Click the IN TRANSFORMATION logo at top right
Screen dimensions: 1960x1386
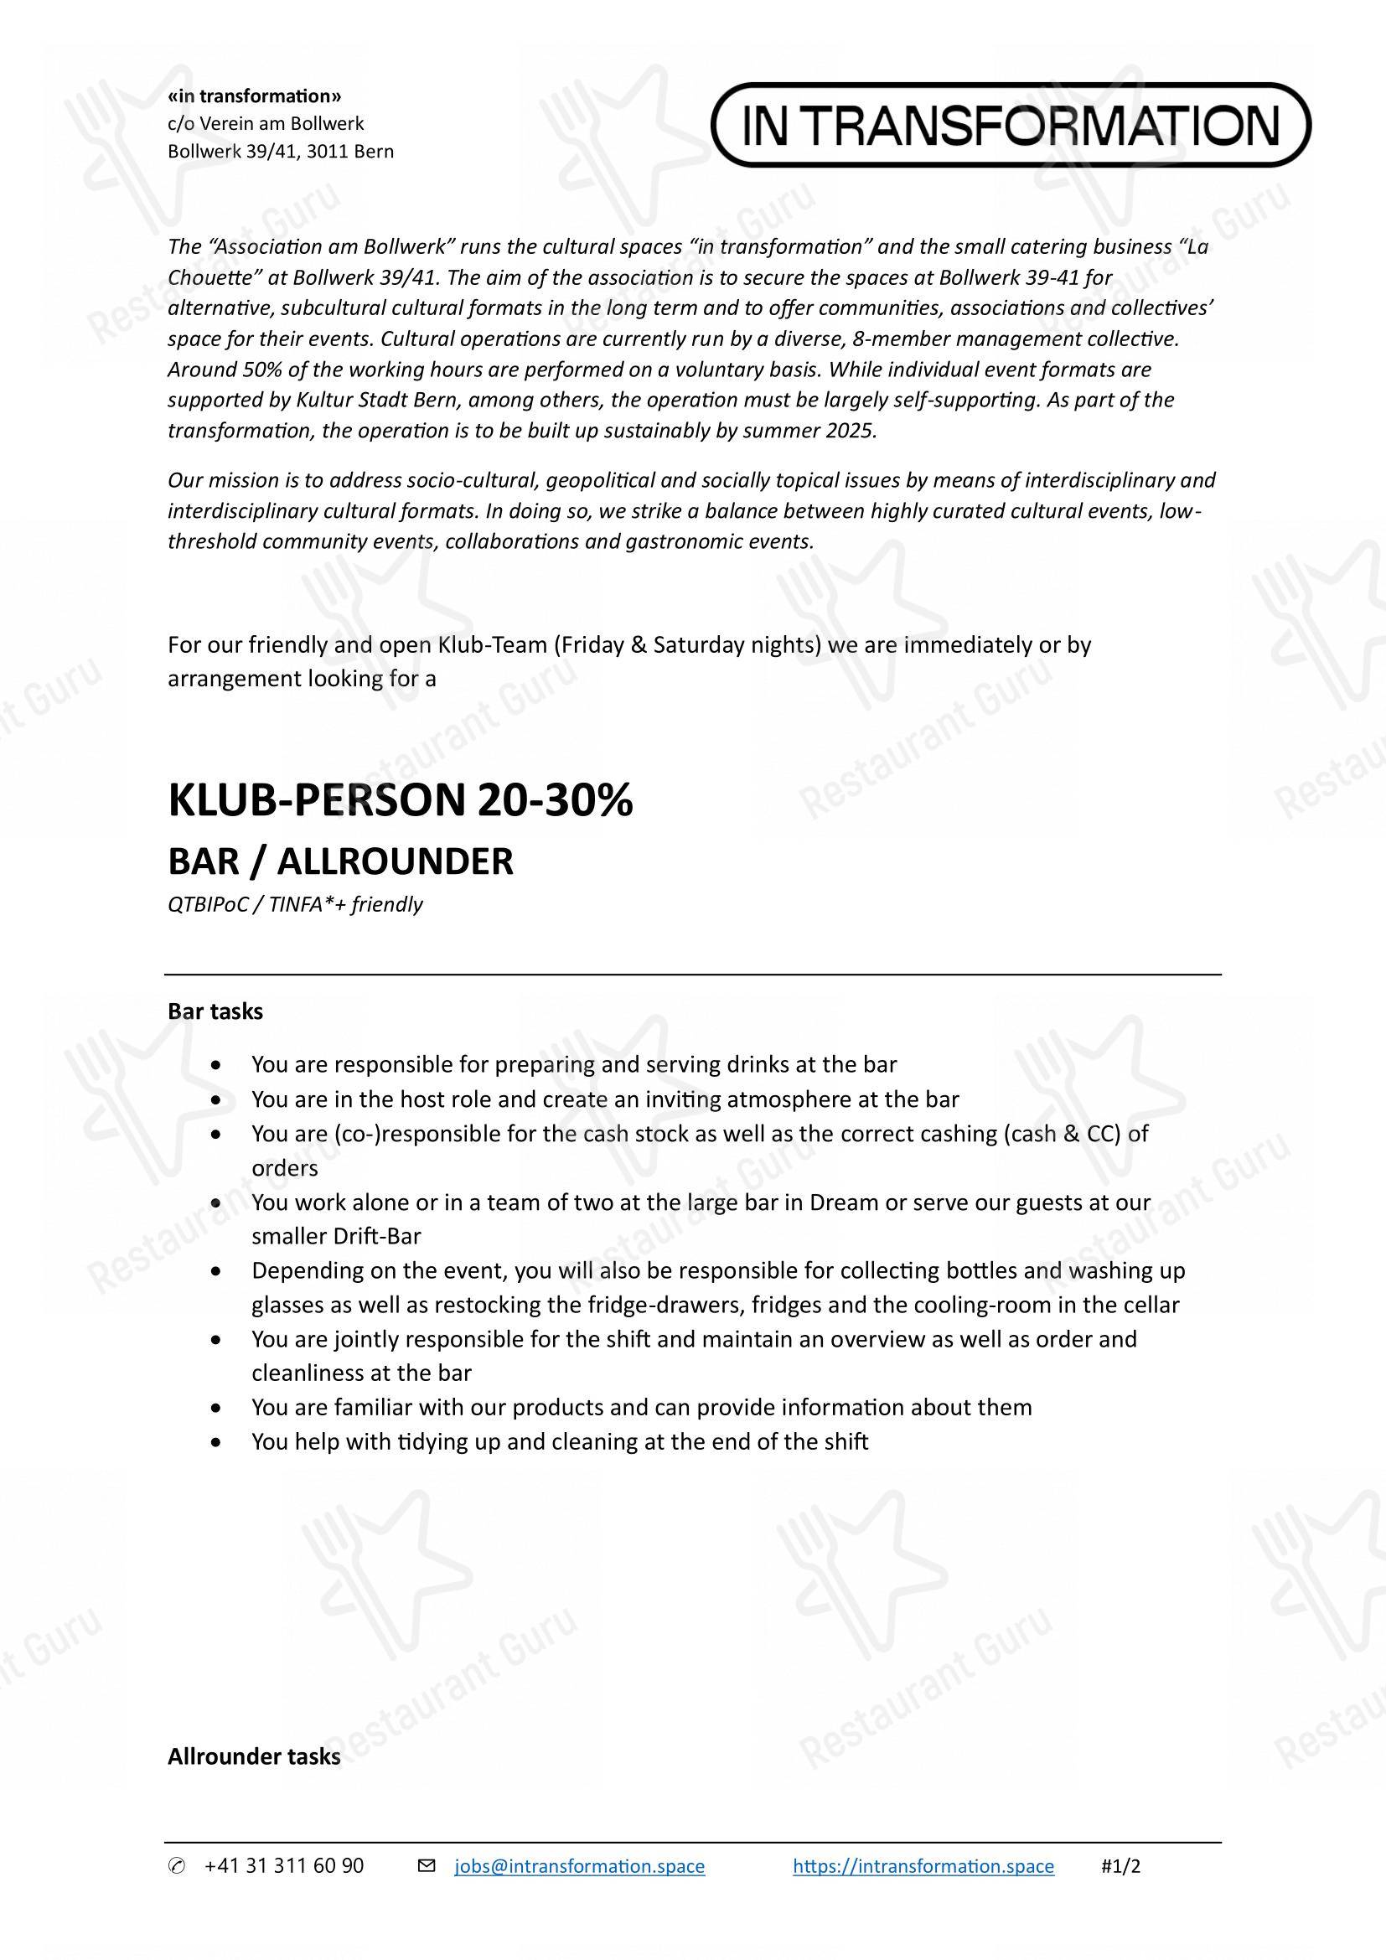point(1011,125)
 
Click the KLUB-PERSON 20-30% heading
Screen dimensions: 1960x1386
point(401,801)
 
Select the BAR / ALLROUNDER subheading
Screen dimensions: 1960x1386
point(340,861)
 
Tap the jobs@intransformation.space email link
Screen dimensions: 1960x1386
point(580,1866)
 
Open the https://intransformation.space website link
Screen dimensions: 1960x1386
point(923,1866)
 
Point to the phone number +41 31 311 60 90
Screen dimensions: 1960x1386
point(284,1866)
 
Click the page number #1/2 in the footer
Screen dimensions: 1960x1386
point(1120,1866)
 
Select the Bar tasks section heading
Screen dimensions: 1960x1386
point(215,1011)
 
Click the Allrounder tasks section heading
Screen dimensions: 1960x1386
point(253,1757)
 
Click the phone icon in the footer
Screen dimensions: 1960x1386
point(176,1867)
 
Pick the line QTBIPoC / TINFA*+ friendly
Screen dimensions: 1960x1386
point(295,904)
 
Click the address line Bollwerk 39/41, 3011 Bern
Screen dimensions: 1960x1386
point(281,152)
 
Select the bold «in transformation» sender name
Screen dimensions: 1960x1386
point(255,96)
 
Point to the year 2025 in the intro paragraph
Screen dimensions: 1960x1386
point(849,430)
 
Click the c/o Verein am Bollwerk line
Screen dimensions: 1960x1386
point(266,124)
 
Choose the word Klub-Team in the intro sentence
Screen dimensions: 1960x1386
point(491,644)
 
